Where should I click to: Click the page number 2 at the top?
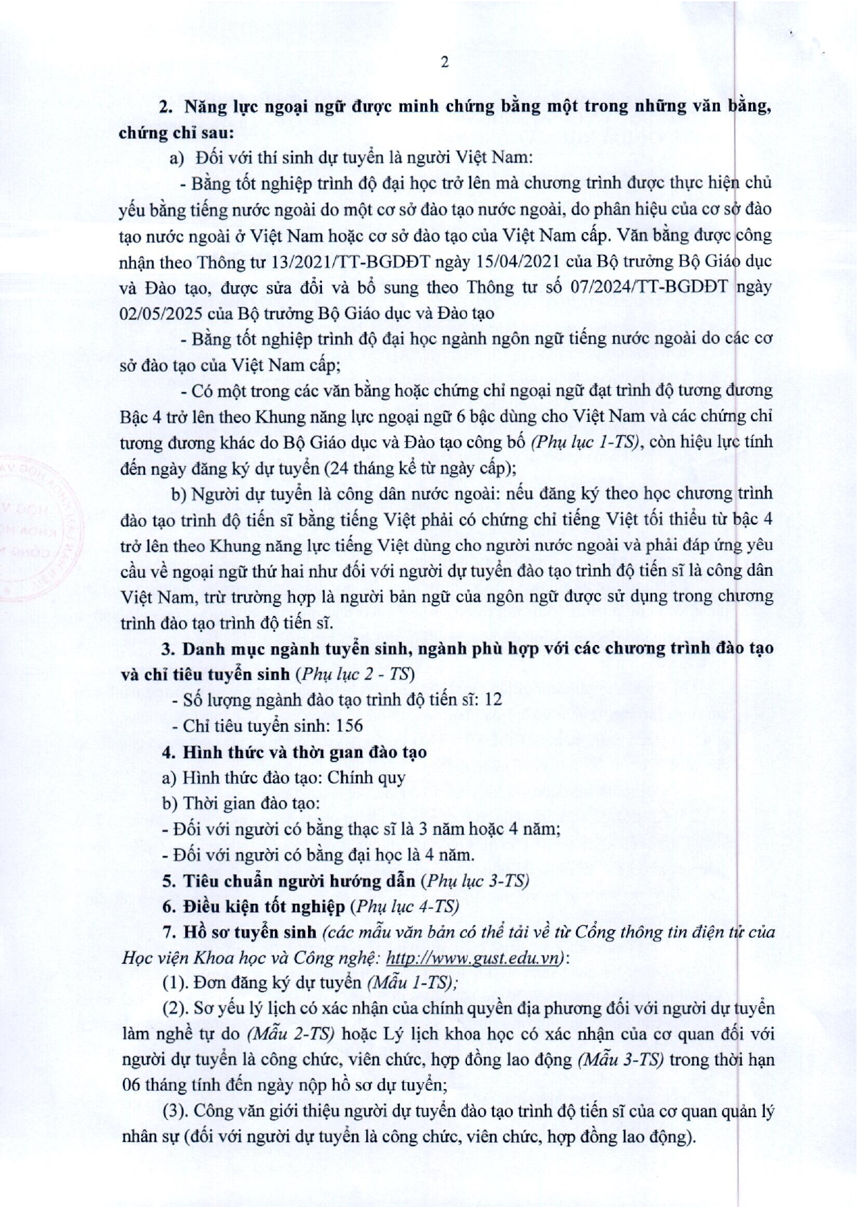tap(444, 62)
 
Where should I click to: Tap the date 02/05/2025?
tap(161, 312)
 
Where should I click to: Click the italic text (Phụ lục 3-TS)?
tap(475, 880)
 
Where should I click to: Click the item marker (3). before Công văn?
tap(176, 1111)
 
